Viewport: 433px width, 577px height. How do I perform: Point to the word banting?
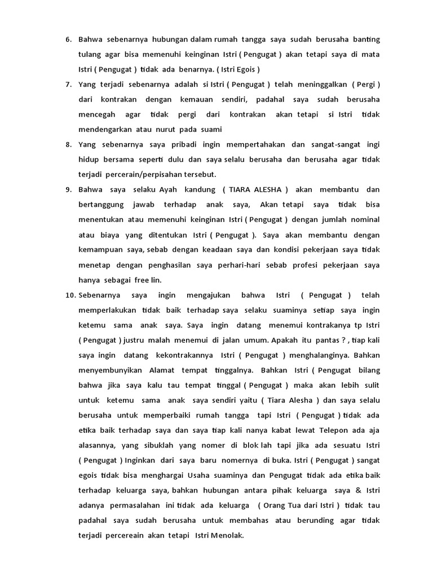click(366, 39)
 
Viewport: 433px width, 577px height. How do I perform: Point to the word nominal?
click(363, 219)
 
